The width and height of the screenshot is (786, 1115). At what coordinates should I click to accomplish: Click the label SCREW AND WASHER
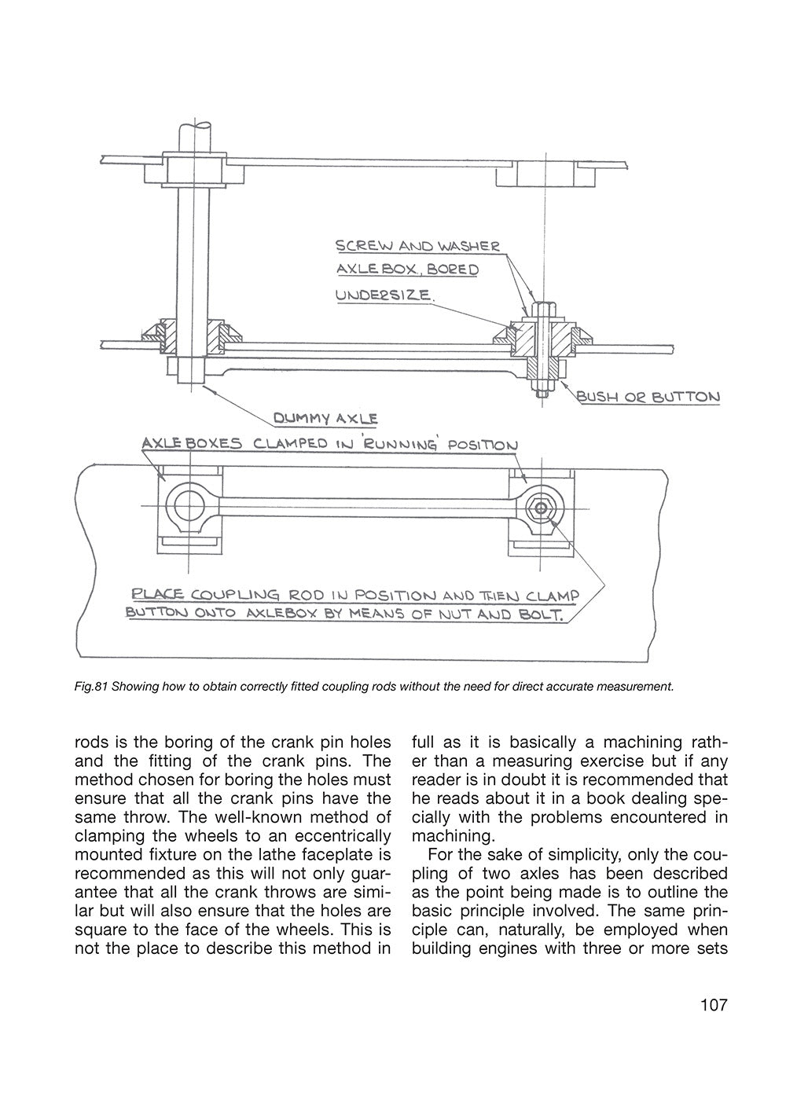pos(417,246)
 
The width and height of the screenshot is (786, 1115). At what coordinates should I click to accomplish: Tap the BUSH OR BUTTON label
pos(648,397)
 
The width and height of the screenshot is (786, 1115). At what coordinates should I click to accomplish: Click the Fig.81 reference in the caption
pos(90,687)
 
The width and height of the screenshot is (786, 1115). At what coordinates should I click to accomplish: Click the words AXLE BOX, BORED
pos(407,270)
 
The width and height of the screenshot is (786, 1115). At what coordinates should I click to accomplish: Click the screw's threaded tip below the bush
pos(542,393)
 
